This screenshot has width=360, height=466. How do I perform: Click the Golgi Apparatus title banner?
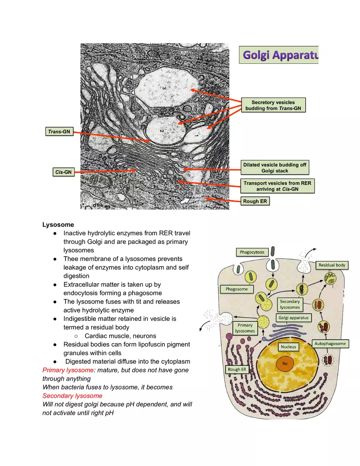point(279,55)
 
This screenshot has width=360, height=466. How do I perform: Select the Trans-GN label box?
point(59,131)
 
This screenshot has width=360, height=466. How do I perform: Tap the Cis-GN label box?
point(63,172)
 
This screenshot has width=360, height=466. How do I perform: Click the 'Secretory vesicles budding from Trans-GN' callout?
point(273,105)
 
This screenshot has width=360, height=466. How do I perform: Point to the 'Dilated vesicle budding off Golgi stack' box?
point(274,168)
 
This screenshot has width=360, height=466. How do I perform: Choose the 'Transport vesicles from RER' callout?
point(277,186)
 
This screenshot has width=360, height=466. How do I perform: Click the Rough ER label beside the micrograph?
point(255,201)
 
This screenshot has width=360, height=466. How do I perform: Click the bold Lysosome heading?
point(58,225)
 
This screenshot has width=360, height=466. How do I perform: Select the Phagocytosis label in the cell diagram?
point(252,252)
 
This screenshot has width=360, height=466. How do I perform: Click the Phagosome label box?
point(237,289)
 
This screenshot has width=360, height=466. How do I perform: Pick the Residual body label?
point(332,265)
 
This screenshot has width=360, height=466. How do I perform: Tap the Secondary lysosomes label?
point(290,304)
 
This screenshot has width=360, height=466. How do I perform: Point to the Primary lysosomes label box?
point(245,328)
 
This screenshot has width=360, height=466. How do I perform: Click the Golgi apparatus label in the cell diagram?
point(294,317)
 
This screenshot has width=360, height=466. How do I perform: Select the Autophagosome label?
point(330,343)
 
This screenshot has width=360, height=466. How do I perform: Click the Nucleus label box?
point(288,347)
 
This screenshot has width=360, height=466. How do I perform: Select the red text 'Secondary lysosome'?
point(72,396)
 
